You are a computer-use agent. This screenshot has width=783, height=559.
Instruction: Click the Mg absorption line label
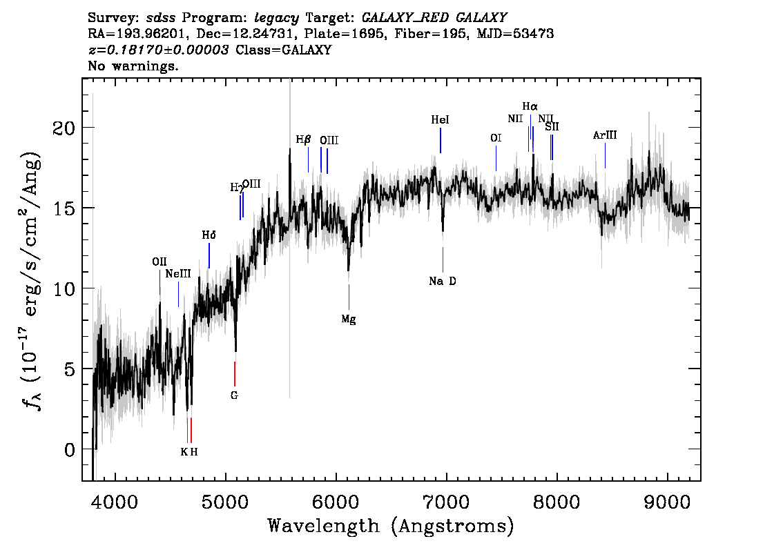(x=349, y=320)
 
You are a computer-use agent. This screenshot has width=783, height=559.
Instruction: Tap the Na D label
(x=443, y=281)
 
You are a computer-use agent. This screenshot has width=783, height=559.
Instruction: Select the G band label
(x=234, y=395)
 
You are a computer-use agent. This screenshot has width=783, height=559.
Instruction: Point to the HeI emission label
(x=440, y=120)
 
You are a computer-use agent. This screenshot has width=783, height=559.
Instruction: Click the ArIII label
(x=605, y=135)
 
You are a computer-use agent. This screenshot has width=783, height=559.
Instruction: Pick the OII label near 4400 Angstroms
(x=159, y=262)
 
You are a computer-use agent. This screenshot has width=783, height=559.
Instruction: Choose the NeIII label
(x=178, y=274)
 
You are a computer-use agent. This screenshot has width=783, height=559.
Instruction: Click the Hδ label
(x=209, y=235)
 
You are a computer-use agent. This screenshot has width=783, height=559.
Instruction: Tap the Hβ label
(x=303, y=139)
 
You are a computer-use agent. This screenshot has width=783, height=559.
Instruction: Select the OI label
(x=496, y=138)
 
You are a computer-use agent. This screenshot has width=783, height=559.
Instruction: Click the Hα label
(x=530, y=106)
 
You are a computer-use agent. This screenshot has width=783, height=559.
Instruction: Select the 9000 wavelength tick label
(x=666, y=501)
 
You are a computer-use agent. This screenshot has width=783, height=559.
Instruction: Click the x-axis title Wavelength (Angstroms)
(x=391, y=526)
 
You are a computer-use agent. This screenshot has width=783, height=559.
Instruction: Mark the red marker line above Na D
(x=443, y=259)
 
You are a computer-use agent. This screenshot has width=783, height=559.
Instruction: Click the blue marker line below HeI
(x=441, y=141)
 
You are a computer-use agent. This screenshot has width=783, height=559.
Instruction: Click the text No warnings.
(x=133, y=66)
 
